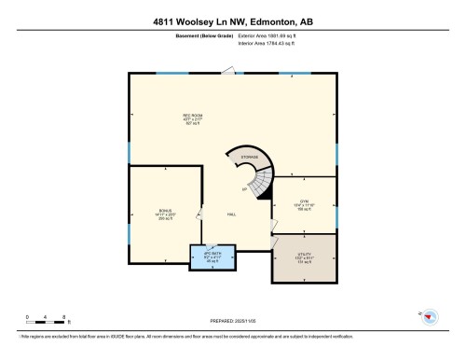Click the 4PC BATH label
pyautogui.click(x=212, y=256)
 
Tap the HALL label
pyautogui.click(x=231, y=215)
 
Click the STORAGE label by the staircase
pyautogui.click(x=249, y=158)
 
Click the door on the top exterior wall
pyautogui.click(x=228, y=69)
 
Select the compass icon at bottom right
pyautogui.click(x=429, y=317)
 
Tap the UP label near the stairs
pyautogui.click(x=244, y=190)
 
